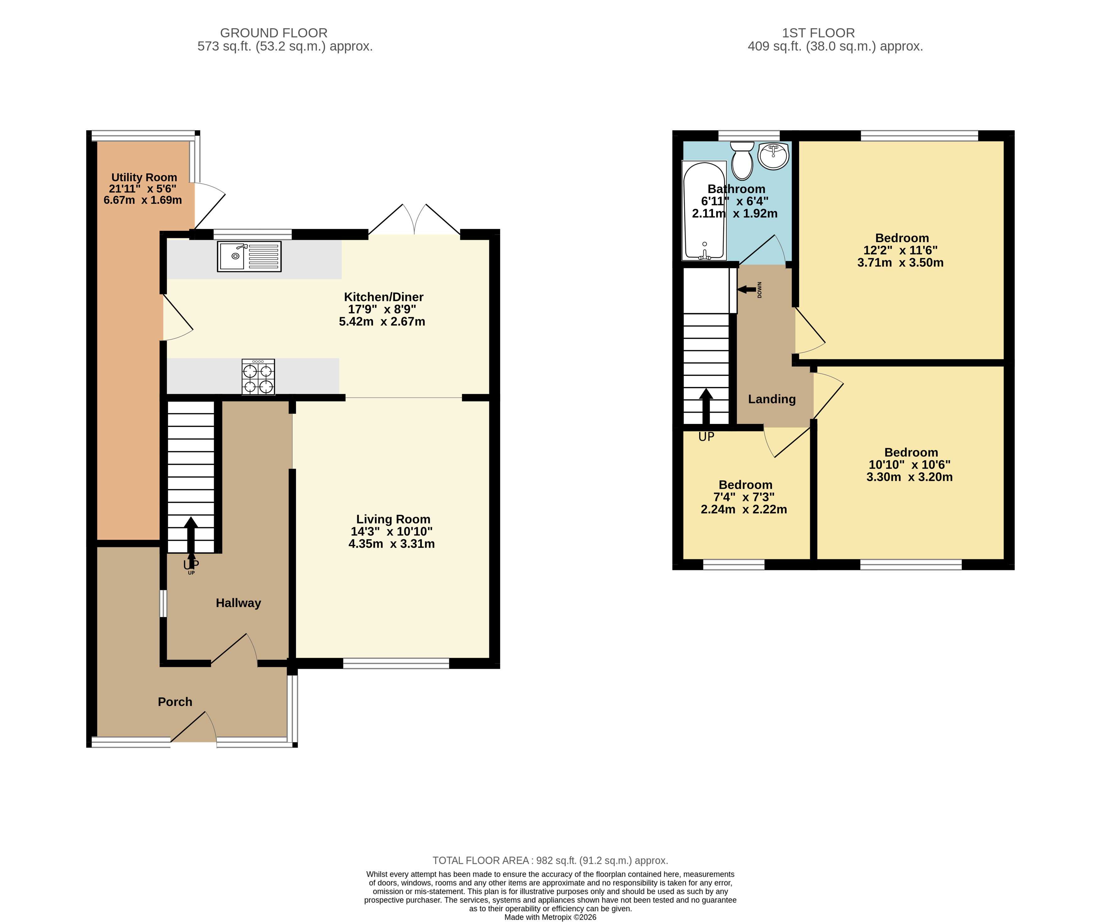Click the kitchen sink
tap(249, 257)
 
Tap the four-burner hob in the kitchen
tap(258, 377)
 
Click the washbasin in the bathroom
tap(773, 156)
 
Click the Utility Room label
tap(144, 177)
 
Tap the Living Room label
tap(393, 519)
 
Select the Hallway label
tap(239, 603)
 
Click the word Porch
tap(175, 702)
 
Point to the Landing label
tap(772, 399)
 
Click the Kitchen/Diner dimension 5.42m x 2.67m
tap(382, 322)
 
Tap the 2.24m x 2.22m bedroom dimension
tap(744, 509)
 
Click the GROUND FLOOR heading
tap(274, 33)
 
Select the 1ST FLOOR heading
tap(818, 33)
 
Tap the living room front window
tap(397, 664)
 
